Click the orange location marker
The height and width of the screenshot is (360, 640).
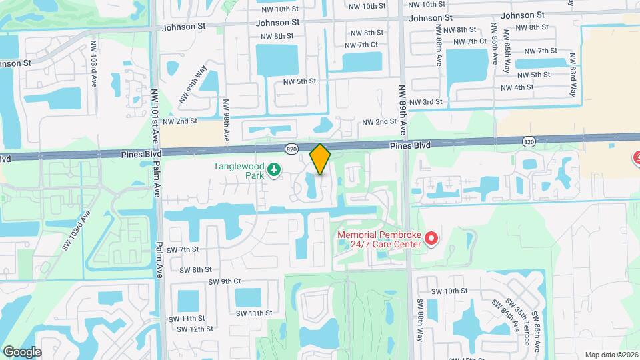(x=320, y=159)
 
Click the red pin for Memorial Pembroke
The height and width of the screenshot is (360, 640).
(x=431, y=238)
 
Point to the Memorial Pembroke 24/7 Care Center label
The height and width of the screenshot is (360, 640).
(x=379, y=239)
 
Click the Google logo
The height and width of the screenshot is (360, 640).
(x=22, y=351)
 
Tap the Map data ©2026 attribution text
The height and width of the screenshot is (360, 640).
(x=611, y=354)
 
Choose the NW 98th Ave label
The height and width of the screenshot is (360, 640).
(x=227, y=121)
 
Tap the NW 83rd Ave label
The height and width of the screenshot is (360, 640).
(x=571, y=73)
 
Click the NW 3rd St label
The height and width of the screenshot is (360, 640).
(x=425, y=102)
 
